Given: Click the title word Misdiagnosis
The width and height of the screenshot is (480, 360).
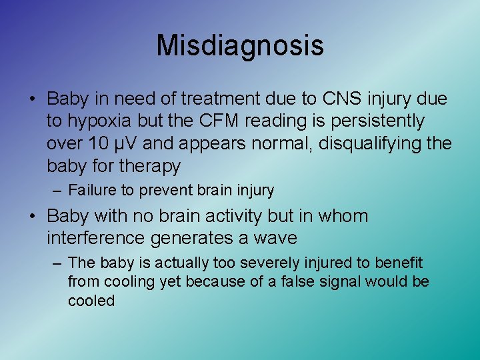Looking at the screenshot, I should [240, 45].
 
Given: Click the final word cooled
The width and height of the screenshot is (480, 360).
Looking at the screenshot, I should [91, 301].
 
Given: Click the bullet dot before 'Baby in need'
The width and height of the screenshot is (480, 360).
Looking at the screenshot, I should [32, 100].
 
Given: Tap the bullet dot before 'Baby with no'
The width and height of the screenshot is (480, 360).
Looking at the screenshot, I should [32, 217].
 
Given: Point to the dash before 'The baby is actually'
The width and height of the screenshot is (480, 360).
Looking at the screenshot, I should [57, 263].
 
